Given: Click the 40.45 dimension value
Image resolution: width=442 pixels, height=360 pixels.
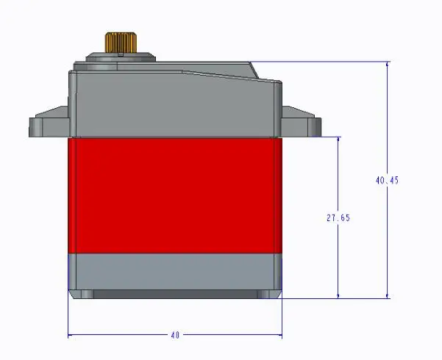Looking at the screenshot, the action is click(x=388, y=180).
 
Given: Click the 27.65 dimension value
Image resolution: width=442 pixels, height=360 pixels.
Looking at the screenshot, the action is click(x=338, y=217).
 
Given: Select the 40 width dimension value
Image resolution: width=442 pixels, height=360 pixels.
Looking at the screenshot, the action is click(x=175, y=335).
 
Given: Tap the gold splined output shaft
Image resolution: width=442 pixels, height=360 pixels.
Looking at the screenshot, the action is click(x=121, y=43).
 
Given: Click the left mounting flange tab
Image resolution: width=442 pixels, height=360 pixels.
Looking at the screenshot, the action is click(x=49, y=123).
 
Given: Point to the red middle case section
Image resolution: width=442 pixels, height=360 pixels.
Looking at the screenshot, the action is click(x=175, y=195).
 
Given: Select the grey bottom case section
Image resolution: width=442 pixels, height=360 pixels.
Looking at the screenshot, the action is click(x=175, y=272).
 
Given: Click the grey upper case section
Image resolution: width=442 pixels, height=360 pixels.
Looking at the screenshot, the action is click(x=175, y=104).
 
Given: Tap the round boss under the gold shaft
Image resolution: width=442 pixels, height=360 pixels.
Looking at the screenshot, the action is click(x=121, y=57).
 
